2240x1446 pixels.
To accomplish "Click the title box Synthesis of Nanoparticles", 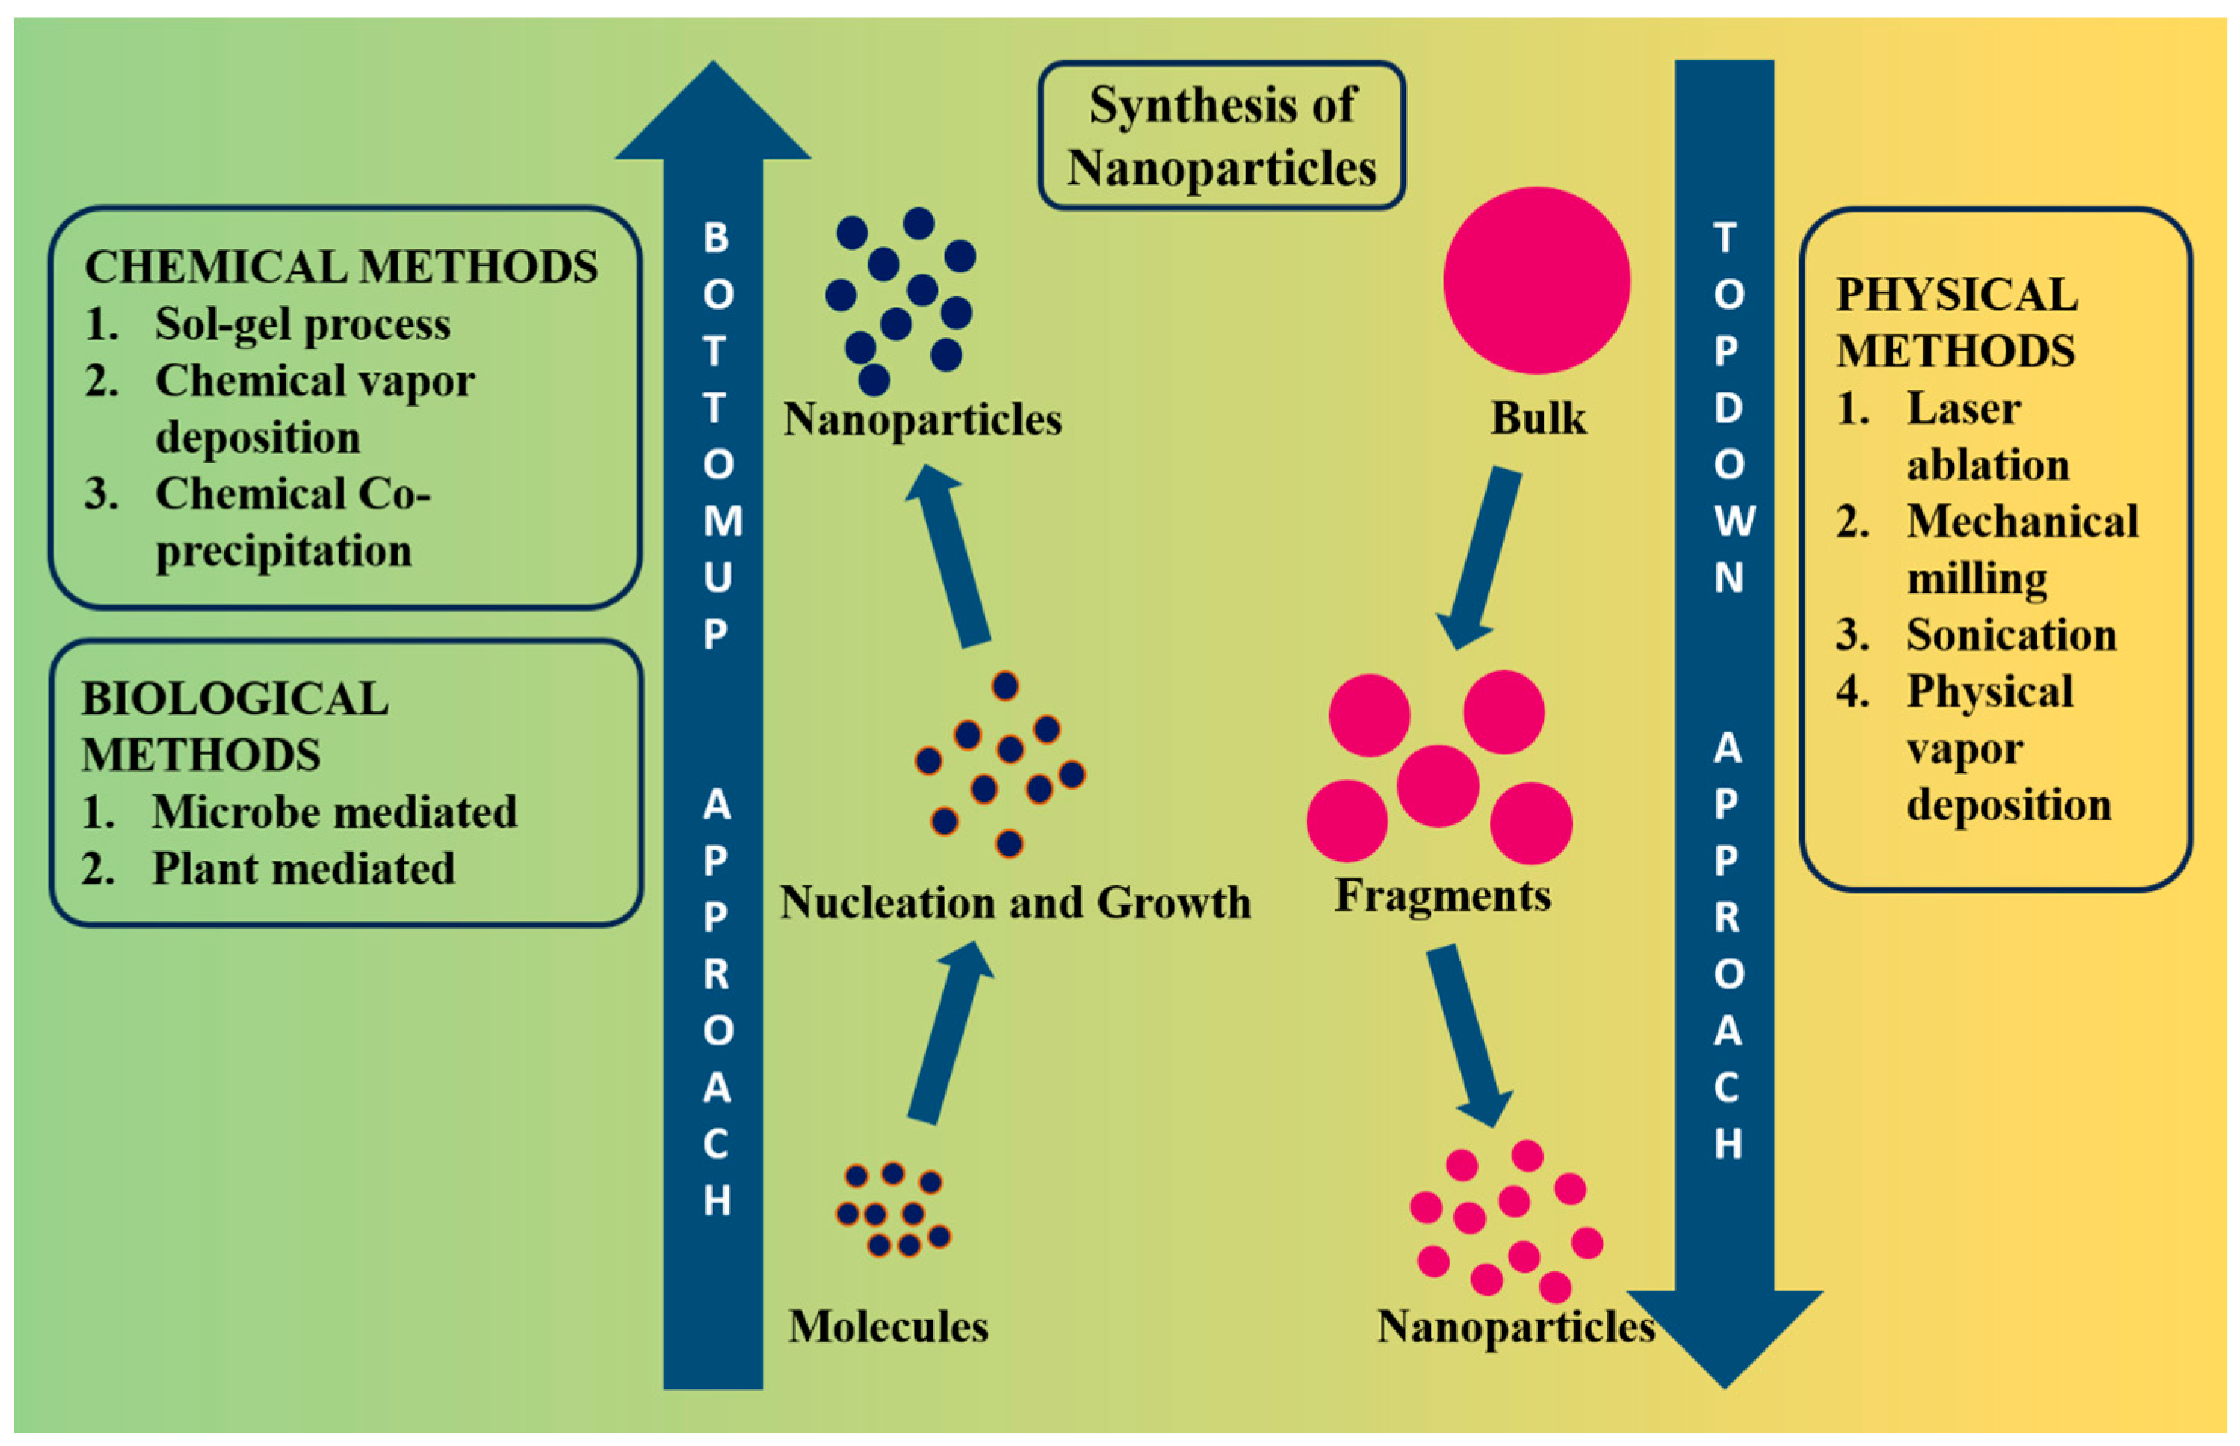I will (1221, 136).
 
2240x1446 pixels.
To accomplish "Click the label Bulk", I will (1538, 418).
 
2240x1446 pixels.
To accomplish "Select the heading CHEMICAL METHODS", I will (341, 267).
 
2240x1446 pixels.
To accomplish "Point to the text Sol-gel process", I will (302, 324).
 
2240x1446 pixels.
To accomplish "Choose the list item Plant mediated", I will (303, 869).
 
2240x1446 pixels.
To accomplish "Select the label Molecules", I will (887, 1327).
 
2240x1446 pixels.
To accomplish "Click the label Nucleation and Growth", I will (1015, 903).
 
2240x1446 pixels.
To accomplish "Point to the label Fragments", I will (1442, 895).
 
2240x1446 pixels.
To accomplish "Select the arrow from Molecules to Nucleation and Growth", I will (948, 1033).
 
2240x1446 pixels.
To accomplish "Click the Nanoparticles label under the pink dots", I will (1515, 1327).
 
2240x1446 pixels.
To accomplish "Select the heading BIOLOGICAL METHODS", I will (235, 726).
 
